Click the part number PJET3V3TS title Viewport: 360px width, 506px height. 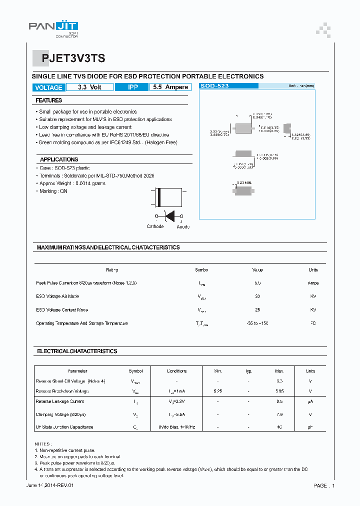73,58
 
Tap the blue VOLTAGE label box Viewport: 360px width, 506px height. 48,87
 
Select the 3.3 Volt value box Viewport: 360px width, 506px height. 89,87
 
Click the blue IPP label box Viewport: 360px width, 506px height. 132,87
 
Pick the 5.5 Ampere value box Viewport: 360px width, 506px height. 170,87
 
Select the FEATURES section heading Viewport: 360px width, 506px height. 48,100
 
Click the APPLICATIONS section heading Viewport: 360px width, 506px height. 59,159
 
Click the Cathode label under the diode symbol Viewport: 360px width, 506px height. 155,226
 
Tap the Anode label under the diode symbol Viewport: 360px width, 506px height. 183,226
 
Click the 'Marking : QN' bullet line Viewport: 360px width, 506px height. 53,191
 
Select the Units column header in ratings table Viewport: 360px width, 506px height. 313,270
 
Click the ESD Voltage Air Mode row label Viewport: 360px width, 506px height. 57,296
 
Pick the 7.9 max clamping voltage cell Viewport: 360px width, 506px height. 279,414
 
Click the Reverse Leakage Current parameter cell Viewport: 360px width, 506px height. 60,401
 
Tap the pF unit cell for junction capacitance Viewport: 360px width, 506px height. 310,427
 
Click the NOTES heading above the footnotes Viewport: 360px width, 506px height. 43,443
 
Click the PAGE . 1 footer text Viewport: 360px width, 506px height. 324,485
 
